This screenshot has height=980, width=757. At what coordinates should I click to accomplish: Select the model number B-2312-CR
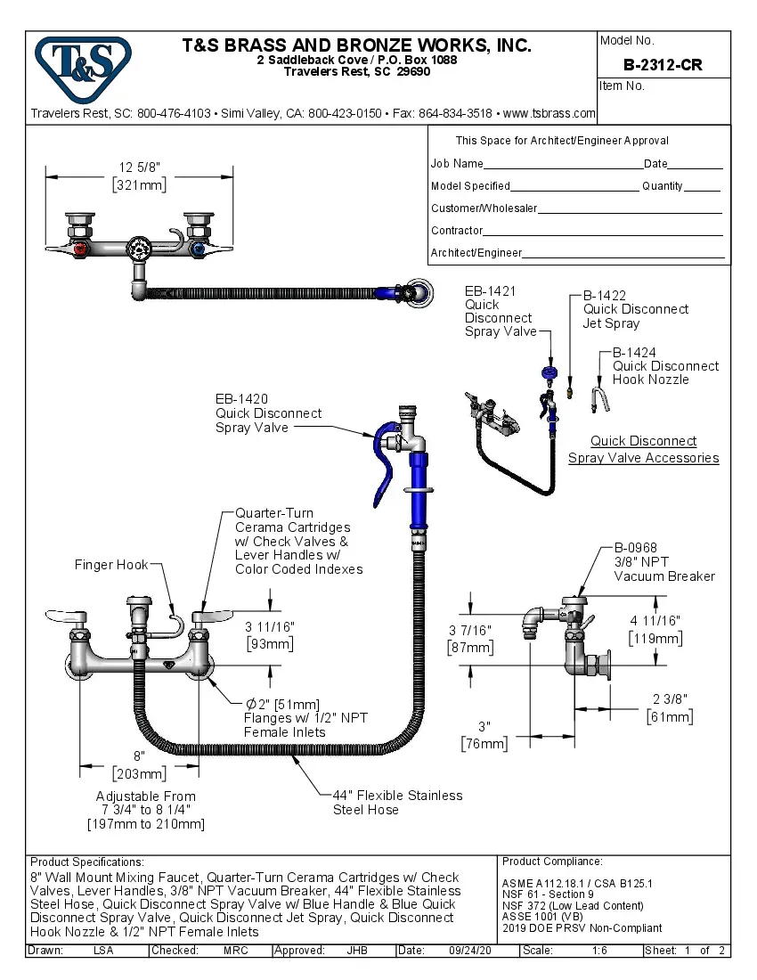coord(663,65)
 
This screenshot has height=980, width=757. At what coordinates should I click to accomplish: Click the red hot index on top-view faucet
coord(81,250)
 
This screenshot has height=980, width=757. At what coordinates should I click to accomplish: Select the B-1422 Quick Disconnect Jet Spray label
coord(635,309)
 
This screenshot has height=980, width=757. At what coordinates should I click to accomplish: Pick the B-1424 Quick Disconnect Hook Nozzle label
coord(664,365)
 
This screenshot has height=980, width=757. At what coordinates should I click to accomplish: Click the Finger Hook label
coord(110,565)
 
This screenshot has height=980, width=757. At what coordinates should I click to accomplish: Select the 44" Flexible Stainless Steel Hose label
coord(397,802)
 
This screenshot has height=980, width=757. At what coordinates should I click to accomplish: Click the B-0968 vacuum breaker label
coord(663,561)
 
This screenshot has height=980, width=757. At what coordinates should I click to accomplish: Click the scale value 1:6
coord(600,951)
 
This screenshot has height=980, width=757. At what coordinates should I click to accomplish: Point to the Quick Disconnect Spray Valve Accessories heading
coord(643,449)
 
